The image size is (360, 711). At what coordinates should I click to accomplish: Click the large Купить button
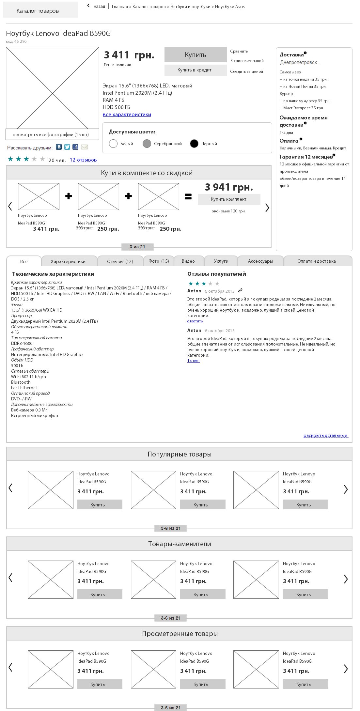click(195, 54)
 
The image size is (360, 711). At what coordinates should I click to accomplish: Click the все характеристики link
click(127, 115)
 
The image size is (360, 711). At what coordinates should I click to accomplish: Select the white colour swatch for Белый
click(113, 144)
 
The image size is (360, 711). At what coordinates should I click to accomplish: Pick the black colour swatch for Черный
click(194, 144)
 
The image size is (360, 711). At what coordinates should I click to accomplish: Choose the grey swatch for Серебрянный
click(147, 144)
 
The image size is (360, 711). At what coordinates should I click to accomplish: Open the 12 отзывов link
click(83, 160)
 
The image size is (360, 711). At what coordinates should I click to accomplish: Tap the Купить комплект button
click(228, 199)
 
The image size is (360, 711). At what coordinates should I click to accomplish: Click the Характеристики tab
click(68, 261)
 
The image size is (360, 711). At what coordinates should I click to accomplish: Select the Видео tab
click(188, 261)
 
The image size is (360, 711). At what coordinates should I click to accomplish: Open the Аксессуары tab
click(260, 261)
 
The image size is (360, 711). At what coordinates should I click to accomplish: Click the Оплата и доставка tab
click(316, 261)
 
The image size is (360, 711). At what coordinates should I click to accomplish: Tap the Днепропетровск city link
click(299, 62)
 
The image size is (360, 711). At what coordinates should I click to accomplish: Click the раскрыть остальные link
click(325, 436)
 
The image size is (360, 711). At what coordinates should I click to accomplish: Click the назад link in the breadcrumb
click(99, 7)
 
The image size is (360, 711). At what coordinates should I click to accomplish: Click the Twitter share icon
click(67, 147)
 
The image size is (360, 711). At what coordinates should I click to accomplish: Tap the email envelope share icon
click(85, 147)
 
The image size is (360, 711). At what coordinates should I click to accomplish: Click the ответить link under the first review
click(195, 321)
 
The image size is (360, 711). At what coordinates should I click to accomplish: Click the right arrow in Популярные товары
click(346, 489)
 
